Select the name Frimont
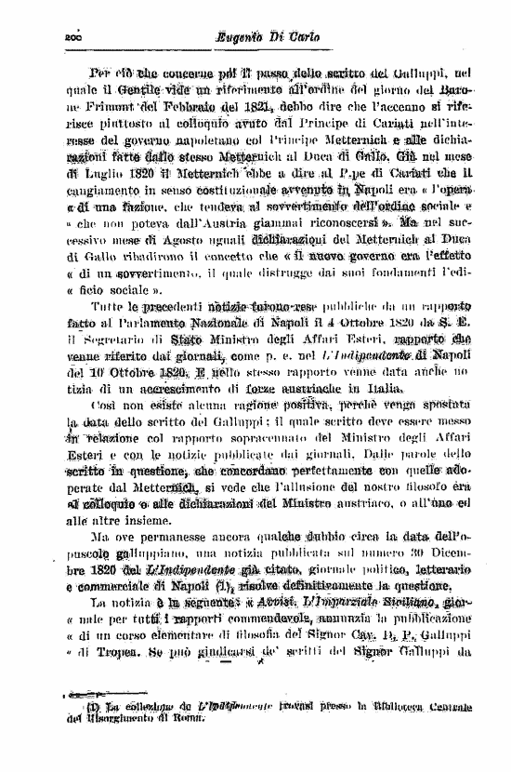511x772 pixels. [139, 105]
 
